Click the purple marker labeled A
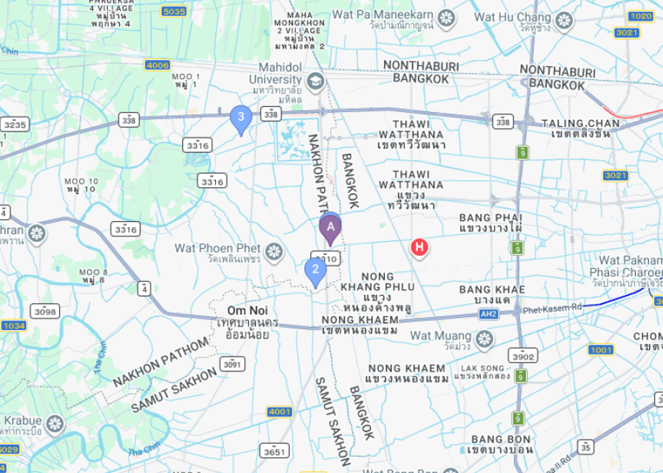[330, 228]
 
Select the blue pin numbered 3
[241, 117]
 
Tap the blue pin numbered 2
[315, 270]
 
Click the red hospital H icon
[419, 247]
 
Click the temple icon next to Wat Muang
[483, 339]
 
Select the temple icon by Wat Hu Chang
[563, 20]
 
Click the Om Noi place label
[247, 310]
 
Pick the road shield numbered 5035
[174, 11]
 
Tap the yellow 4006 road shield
[157, 64]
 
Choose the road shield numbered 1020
[640, 15]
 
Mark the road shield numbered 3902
[524, 356]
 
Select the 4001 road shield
[280, 411]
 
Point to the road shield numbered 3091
[232, 364]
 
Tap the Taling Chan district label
[580, 127]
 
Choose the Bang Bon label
[501, 444]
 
